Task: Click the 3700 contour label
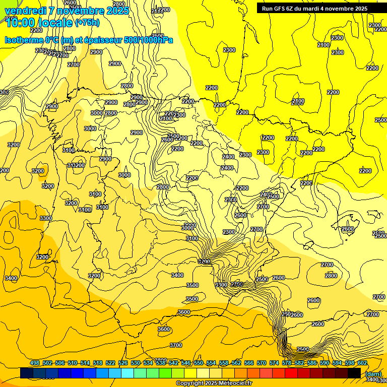click(x=176, y=345)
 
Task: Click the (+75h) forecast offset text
click(x=87, y=23)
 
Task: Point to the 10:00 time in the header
click(x=20, y=23)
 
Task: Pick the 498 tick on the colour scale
click(x=35, y=363)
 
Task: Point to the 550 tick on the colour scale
click(x=199, y=363)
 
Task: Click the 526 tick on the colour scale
click(x=123, y=363)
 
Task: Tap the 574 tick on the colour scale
click(x=274, y=363)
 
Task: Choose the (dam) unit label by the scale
click(x=373, y=374)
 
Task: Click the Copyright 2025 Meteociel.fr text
click(x=214, y=383)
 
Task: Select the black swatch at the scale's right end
click(x=354, y=373)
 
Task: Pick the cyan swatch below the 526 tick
click(x=127, y=373)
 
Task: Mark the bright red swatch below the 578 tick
click(x=291, y=373)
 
